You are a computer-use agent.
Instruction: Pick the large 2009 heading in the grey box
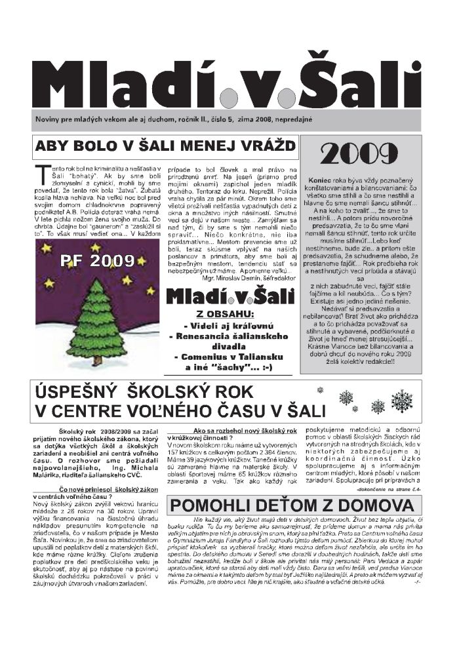(x=360, y=155)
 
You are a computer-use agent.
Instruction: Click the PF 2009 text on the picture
(x=97, y=261)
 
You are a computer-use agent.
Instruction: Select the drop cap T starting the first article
(x=40, y=171)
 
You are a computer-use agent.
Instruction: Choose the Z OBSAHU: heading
(x=228, y=314)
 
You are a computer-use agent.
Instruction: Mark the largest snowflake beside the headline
(x=401, y=401)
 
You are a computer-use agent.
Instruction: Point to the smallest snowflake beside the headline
(x=320, y=391)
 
